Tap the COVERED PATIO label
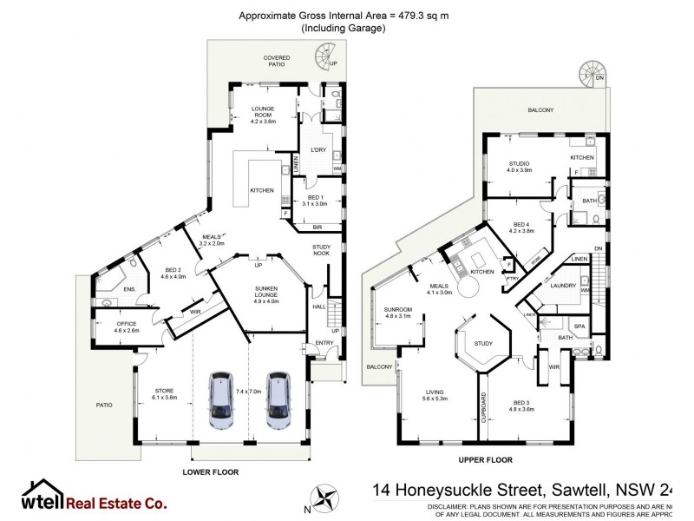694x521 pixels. coord(278,61)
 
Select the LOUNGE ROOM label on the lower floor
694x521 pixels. coord(263,113)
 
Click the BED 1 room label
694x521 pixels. coord(315,200)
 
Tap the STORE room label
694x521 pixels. coord(165,393)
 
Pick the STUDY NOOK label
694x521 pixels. coord(322,251)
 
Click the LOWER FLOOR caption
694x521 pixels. coord(210,472)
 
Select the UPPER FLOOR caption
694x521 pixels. coord(484,459)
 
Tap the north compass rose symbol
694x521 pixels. coord(327,500)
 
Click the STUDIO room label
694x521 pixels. coord(519,166)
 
